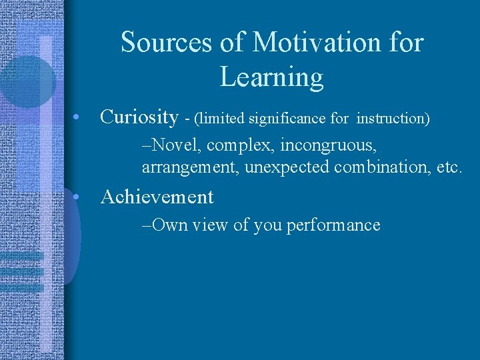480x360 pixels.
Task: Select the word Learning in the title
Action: pyautogui.click(x=271, y=78)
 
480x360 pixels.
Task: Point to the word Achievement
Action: pyautogui.click(x=157, y=197)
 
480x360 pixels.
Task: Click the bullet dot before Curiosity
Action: pyautogui.click(x=78, y=118)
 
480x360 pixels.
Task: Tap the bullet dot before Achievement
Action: pyautogui.click(x=78, y=197)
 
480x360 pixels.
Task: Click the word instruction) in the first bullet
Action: pyautogui.click(x=393, y=119)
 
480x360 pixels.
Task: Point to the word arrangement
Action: pyautogui.click(x=191, y=167)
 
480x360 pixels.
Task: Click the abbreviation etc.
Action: pyautogui.click(x=447, y=167)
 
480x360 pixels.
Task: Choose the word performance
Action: pyautogui.click(x=333, y=225)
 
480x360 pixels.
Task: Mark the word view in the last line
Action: pyautogui.click(x=211, y=225)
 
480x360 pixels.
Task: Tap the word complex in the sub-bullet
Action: pyautogui.click(x=243, y=145)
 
